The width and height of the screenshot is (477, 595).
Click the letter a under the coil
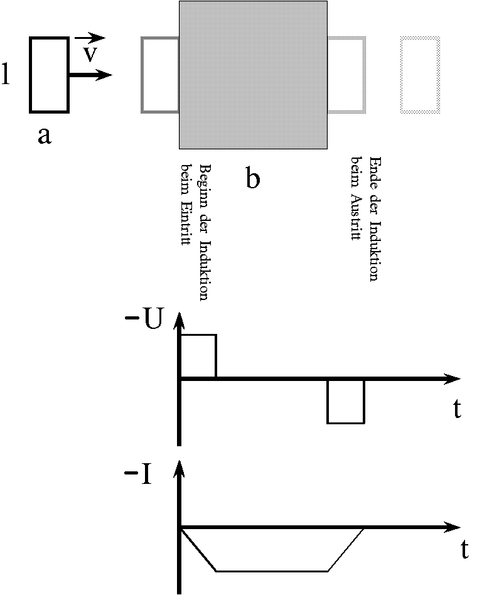(x=44, y=135)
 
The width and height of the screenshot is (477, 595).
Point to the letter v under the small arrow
(x=90, y=54)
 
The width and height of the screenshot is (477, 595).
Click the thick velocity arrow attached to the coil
(x=91, y=75)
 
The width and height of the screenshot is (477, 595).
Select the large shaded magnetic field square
(x=253, y=75)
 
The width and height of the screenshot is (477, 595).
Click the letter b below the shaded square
(x=252, y=180)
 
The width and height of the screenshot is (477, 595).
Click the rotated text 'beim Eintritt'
(x=186, y=205)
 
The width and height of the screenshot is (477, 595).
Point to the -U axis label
(x=145, y=319)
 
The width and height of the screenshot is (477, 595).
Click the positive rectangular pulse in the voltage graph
(x=198, y=356)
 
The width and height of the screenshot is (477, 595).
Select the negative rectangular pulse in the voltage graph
(x=346, y=401)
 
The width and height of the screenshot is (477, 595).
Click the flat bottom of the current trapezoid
(x=272, y=571)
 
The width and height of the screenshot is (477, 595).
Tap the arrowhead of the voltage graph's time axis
(x=453, y=378)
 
